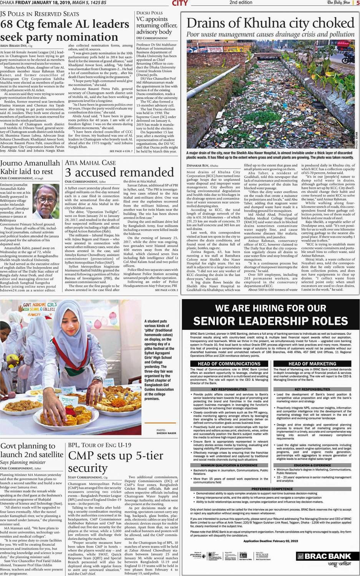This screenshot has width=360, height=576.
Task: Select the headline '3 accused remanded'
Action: [x=119, y=172]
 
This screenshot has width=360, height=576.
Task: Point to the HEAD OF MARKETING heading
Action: [x=312, y=363]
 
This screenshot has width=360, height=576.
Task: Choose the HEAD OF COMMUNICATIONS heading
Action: [x=229, y=363]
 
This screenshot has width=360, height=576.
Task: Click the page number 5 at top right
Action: [x=357, y=3]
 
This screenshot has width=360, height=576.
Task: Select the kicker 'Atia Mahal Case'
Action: [x=90, y=162]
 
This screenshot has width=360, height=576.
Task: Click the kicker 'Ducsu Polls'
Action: [x=149, y=13]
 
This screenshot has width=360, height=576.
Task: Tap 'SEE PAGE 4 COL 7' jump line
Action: [x=121, y=151]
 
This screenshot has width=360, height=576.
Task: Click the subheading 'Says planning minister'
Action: [x=23, y=462]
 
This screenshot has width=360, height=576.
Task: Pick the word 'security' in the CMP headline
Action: [x=87, y=468]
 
